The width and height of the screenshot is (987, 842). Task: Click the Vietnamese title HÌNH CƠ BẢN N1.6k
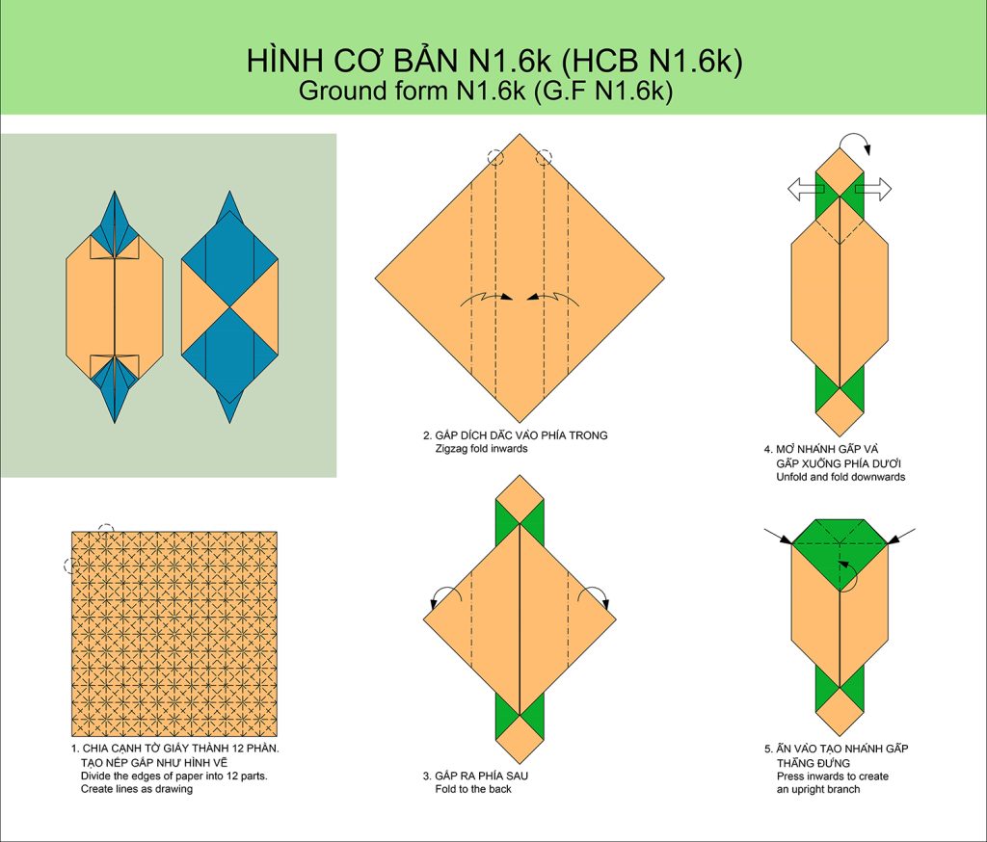(397, 61)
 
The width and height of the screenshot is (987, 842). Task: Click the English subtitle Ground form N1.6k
(412, 91)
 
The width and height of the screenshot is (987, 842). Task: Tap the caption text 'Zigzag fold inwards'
(481, 449)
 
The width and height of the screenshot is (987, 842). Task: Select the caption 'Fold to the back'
(472, 789)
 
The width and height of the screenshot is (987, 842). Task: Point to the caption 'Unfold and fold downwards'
(840, 477)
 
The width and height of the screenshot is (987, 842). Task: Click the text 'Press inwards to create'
(832, 776)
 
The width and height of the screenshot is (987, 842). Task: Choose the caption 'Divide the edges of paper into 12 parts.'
(173, 776)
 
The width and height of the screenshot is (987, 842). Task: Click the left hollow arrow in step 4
(806, 189)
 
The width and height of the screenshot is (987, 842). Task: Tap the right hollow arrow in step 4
(873, 189)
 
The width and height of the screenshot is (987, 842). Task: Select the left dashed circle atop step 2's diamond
(495, 157)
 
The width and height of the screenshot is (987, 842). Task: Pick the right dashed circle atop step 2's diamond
(544, 157)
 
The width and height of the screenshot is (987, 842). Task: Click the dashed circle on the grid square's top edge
(106, 532)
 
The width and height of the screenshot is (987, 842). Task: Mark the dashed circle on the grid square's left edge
(71, 566)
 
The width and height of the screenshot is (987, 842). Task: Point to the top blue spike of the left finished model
(115, 214)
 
